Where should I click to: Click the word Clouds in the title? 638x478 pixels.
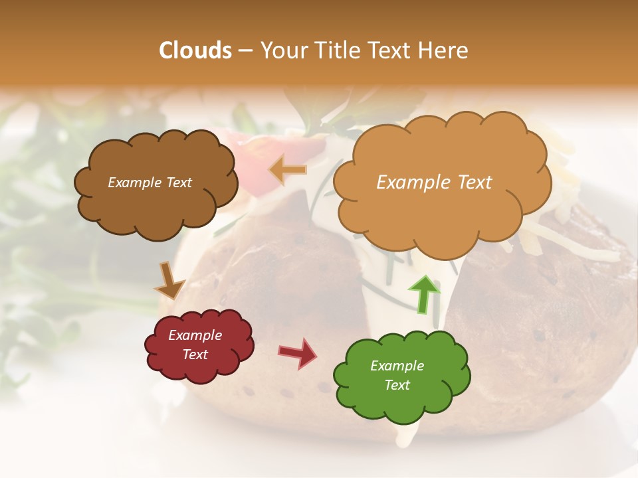(x=195, y=50)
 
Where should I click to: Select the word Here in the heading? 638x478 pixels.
(x=444, y=50)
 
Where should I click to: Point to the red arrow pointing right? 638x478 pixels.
(x=297, y=353)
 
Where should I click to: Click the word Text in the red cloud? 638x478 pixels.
(x=195, y=355)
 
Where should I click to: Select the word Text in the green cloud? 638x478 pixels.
(x=397, y=385)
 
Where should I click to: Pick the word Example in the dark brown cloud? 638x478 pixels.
(x=134, y=183)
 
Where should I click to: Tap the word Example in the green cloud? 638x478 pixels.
(x=397, y=366)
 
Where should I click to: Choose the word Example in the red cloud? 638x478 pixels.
(x=195, y=335)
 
